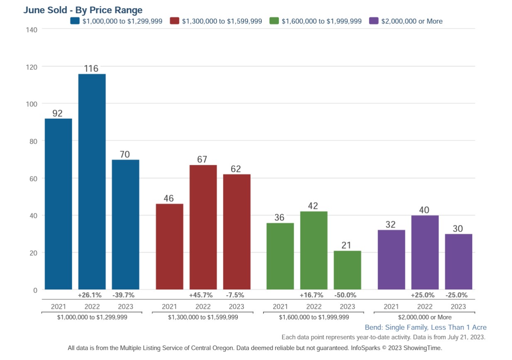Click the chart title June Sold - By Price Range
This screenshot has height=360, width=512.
click(x=83, y=10)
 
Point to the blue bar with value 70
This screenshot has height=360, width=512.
click(x=125, y=224)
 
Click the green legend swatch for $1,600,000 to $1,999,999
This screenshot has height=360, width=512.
click(x=274, y=21)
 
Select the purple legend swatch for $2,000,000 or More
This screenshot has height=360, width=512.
click(x=373, y=21)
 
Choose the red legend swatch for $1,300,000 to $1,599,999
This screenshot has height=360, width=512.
click(x=174, y=21)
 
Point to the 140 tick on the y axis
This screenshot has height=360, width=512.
click(x=32, y=29)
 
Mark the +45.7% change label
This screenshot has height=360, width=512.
click(x=201, y=295)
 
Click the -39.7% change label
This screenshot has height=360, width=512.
click(x=123, y=295)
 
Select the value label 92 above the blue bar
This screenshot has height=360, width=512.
click(x=58, y=113)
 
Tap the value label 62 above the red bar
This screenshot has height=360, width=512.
click(x=236, y=169)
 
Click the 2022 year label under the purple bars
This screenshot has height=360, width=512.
click(x=425, y=307)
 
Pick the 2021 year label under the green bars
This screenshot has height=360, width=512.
click(x=280, y=307)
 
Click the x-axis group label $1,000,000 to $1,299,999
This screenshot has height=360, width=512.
click(x=92, y=317)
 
